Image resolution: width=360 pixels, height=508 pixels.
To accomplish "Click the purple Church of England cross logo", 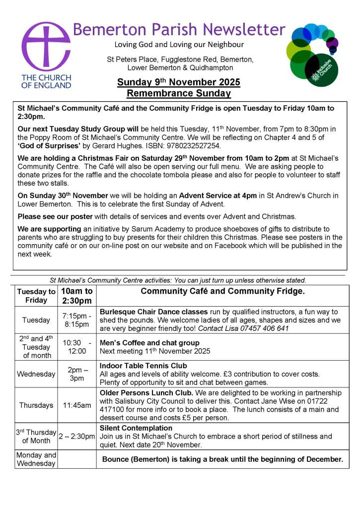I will (x=46, y=47).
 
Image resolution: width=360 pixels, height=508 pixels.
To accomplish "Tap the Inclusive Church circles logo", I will (x=312, y=54).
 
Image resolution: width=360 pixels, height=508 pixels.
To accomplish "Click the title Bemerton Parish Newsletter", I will (x=179, y=29).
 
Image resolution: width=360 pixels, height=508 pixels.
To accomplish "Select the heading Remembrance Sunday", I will (x=178, y=93).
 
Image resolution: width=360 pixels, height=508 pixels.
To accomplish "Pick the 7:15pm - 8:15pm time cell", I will (x=76, y=320).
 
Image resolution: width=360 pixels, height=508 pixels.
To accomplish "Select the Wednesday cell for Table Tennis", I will (x=36, y=374).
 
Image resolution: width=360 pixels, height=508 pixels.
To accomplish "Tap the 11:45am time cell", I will (x=76, y=405).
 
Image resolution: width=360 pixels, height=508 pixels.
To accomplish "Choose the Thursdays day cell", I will (x=36, y=405).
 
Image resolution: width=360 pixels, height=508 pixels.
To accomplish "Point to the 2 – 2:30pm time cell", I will (x=76, y=436).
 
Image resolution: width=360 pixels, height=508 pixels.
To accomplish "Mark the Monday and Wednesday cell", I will (x=36, y=459).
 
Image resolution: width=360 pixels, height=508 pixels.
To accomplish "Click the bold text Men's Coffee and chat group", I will (x=149, y=342).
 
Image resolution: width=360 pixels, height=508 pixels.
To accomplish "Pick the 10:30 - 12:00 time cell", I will (x=76, y=347).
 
